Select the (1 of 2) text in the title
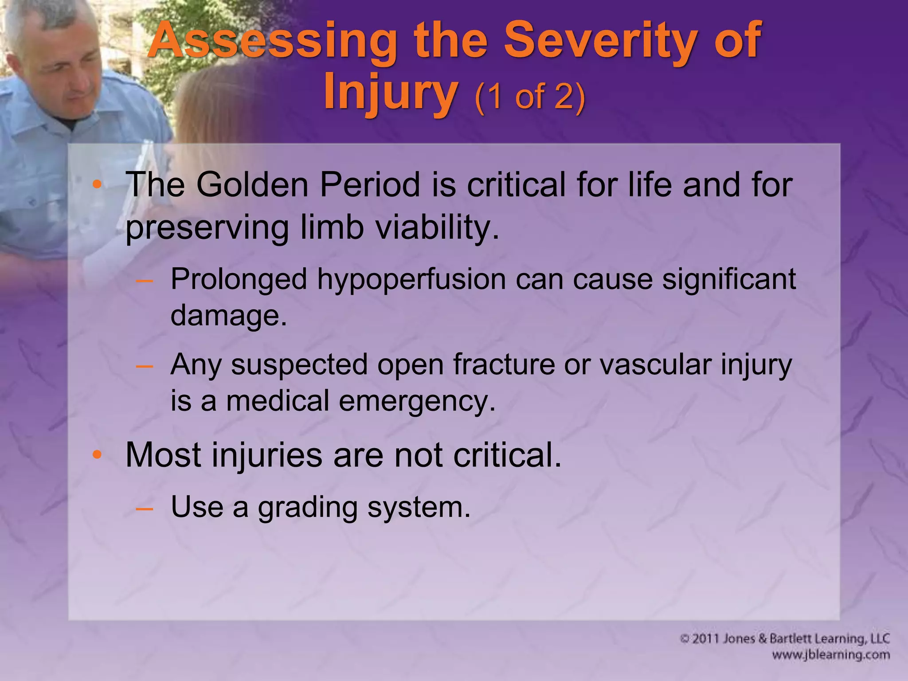pos(530,97)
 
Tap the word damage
pos(228,316)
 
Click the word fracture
pos(504,365)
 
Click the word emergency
pos(417,401)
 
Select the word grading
pos(308,508)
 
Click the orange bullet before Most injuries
pos(97,455)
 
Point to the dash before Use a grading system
pos(145,508)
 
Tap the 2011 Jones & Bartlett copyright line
pos(785,639)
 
